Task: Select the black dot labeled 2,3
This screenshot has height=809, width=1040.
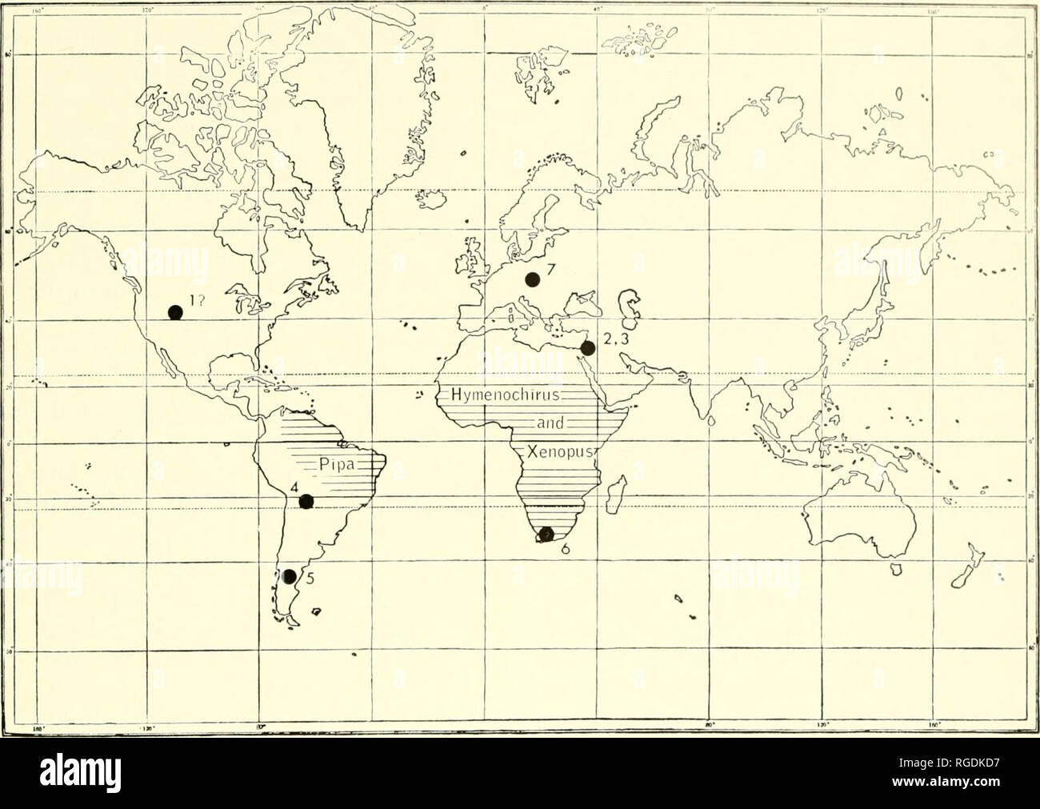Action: (588, 348)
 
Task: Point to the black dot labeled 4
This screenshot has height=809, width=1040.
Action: (306, 502)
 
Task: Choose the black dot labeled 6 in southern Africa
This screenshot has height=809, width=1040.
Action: (546, 535)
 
